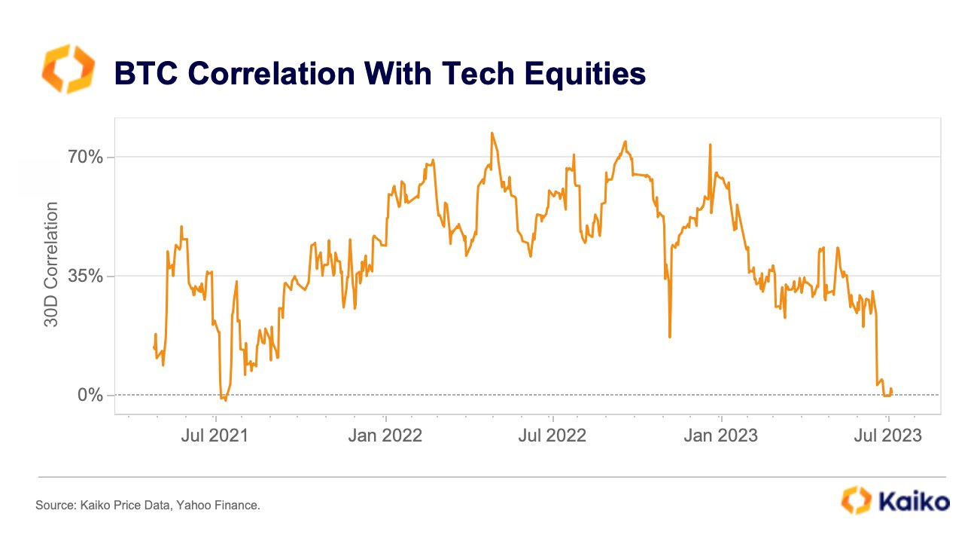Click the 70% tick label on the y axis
(x=85, y=157)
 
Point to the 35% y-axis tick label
(x=85, y=276)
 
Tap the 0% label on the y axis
(x=90, y=395)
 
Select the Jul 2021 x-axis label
(x=215, y=436)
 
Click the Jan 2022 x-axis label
(x=385, y=436)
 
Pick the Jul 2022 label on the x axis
(x=552, y=436)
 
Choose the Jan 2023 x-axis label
(x=720, y=436)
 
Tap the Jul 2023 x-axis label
(x=888, y=436)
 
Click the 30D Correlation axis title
(x=51, y=264)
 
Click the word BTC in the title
(x=146, y=73)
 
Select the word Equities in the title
(x=585, y=75)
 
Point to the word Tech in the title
(x=478, y=73)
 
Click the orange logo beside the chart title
(x=68, y=69)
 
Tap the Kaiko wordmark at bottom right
(x=915, y=502)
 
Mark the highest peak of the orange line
(x=492, y=133)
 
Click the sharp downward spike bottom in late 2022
(x=670, y=337)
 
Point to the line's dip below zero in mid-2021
(x=225, y=399)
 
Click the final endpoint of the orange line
(x=892, y=393)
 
